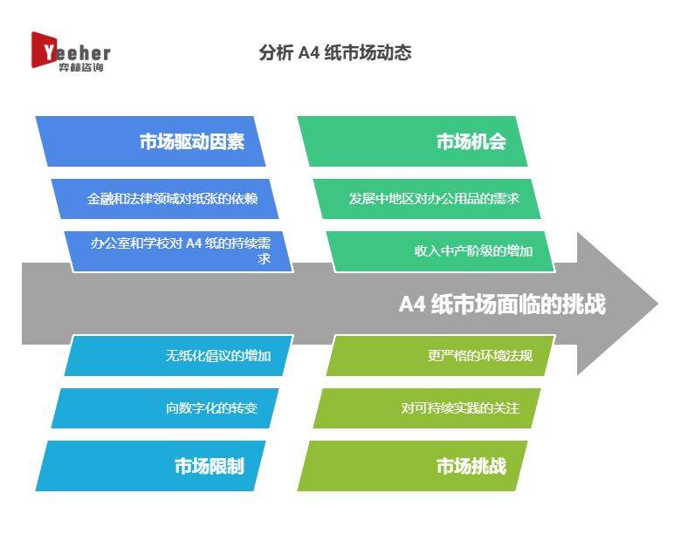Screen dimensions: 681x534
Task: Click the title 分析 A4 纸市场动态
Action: tap(335, 52)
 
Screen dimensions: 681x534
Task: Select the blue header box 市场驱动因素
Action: tap(150, 141)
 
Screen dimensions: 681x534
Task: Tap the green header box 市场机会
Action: tap(412, 141)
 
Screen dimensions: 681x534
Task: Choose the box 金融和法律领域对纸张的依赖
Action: tap(165, 198)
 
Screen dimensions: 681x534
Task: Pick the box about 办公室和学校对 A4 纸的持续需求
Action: tap(179, 251)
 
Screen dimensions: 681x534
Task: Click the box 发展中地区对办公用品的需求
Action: tap(427, 198)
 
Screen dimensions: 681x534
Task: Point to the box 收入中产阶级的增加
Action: tap(441, 251)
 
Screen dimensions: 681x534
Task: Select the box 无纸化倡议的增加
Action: tap(179, 356)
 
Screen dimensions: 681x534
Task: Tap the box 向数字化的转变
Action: tap(165, 408)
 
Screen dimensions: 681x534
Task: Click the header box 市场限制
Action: tap(150, 466)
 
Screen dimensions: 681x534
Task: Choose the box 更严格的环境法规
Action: tap(441, 356)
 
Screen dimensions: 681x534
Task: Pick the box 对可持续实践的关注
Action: tap(427, 408)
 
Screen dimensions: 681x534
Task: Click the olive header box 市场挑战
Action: tap(412, 466)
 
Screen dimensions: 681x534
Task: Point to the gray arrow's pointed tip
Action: tap(658, 304)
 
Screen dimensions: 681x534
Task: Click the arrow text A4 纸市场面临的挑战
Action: tap(502, 304)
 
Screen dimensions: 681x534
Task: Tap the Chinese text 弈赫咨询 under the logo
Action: tap(81, 67)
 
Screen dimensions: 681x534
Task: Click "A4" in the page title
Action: tap(309, 53)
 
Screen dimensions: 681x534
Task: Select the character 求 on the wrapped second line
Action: tap(264, 259)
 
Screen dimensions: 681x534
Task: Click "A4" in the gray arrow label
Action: tap(412, 305)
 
